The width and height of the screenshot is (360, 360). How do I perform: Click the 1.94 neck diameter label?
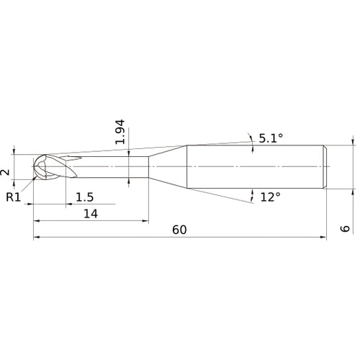120,132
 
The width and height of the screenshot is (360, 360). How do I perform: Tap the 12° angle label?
271,197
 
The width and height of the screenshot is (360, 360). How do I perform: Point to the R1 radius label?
13,197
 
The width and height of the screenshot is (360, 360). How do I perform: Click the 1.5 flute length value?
84,197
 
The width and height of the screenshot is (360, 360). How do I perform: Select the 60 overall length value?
180,230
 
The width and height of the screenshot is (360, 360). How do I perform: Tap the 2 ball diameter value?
5,172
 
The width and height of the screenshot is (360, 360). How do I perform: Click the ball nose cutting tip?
40,168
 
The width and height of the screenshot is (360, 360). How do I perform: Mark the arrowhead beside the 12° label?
252,194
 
